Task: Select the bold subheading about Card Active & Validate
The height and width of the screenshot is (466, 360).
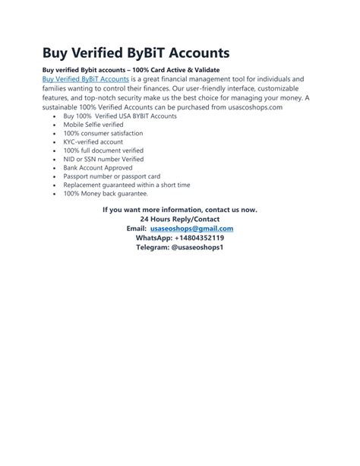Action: tap(130, 70)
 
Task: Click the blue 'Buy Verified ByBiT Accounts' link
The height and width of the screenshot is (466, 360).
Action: tap(85, 79)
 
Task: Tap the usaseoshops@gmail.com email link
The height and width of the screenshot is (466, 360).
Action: tap(191, 228)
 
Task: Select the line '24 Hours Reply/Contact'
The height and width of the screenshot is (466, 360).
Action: tap(179, 219)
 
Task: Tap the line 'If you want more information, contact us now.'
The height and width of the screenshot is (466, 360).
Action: tap(179, 209)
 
